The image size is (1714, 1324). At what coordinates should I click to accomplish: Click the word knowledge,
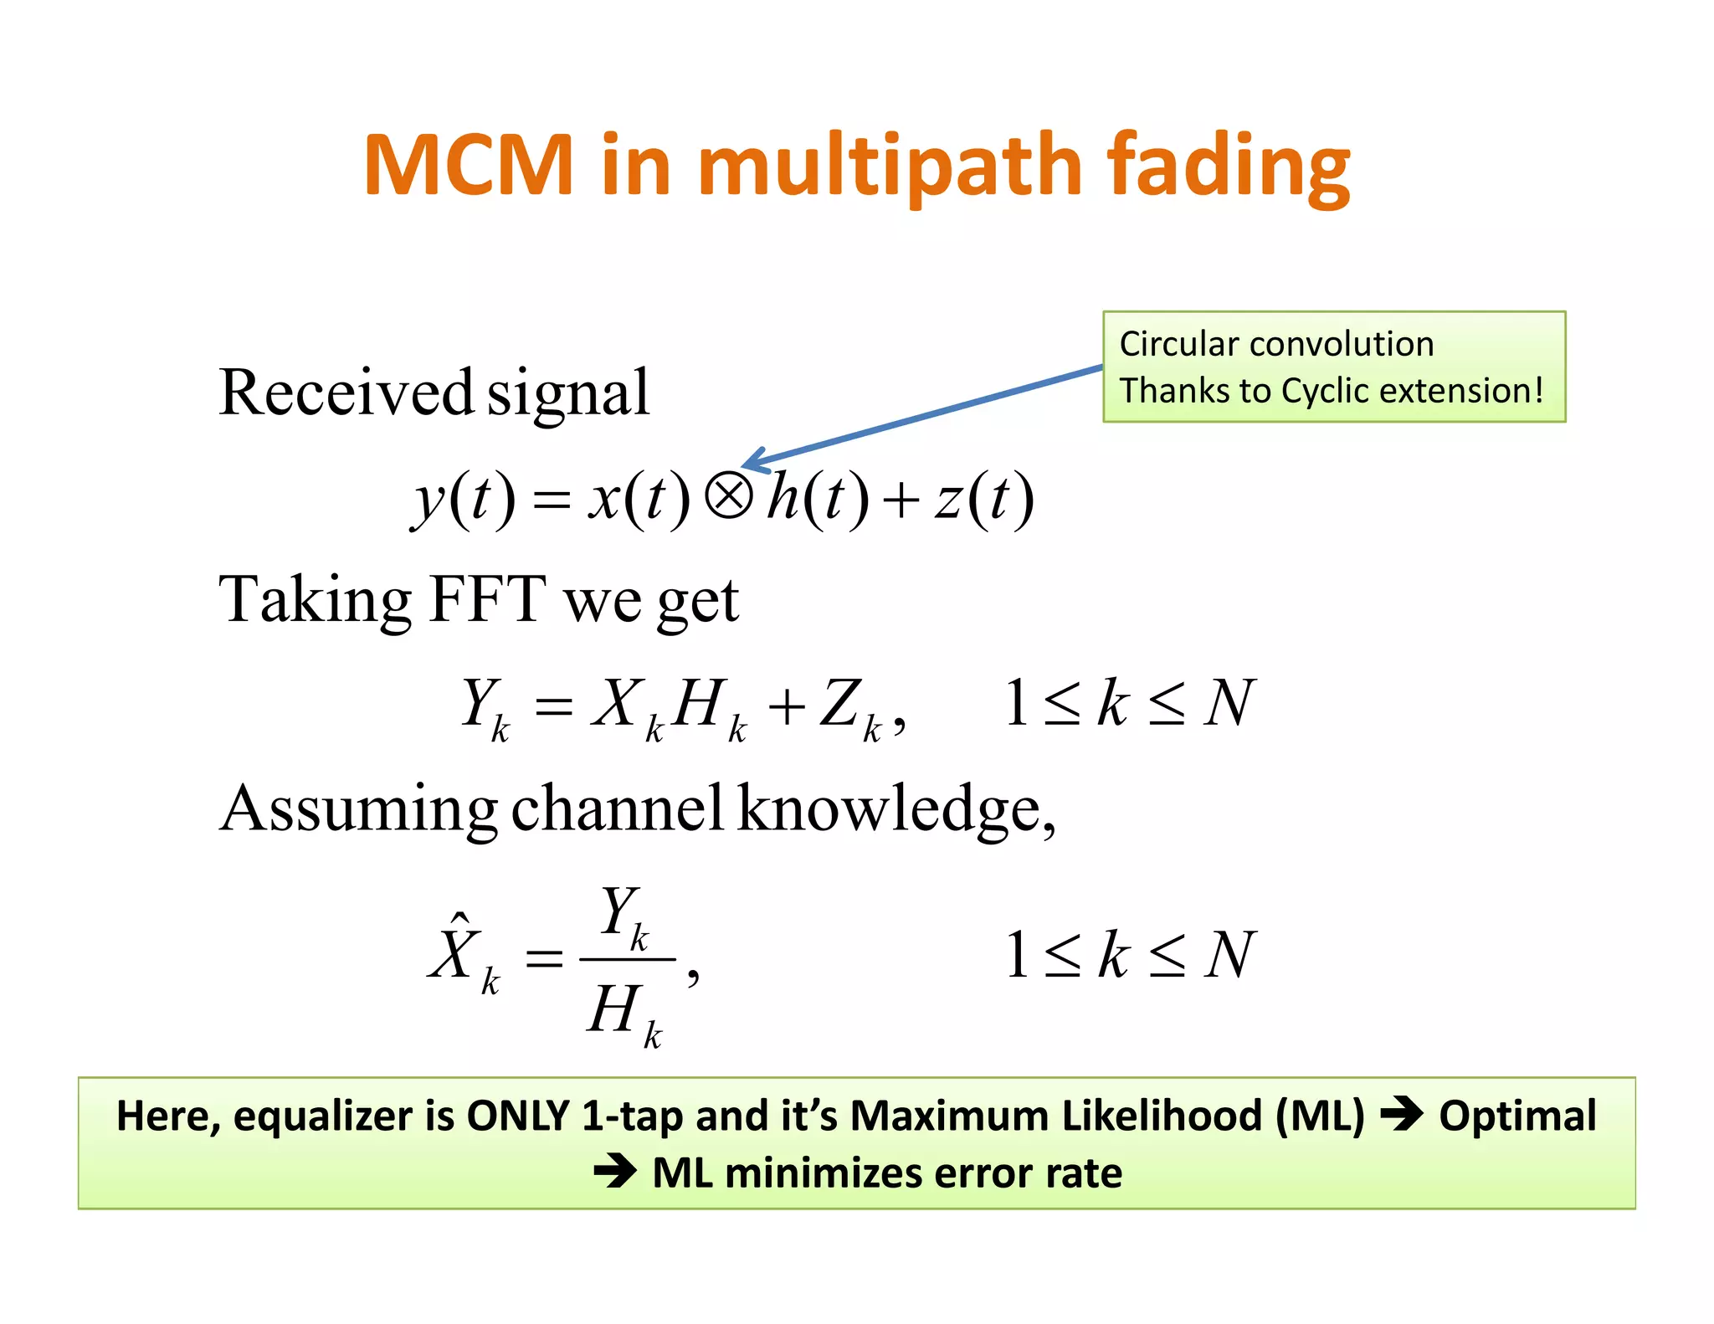pos(896,808)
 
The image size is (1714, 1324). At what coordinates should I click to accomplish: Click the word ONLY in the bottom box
pos(517,1116)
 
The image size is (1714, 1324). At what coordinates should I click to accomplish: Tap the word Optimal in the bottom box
pos(1517,1116)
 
